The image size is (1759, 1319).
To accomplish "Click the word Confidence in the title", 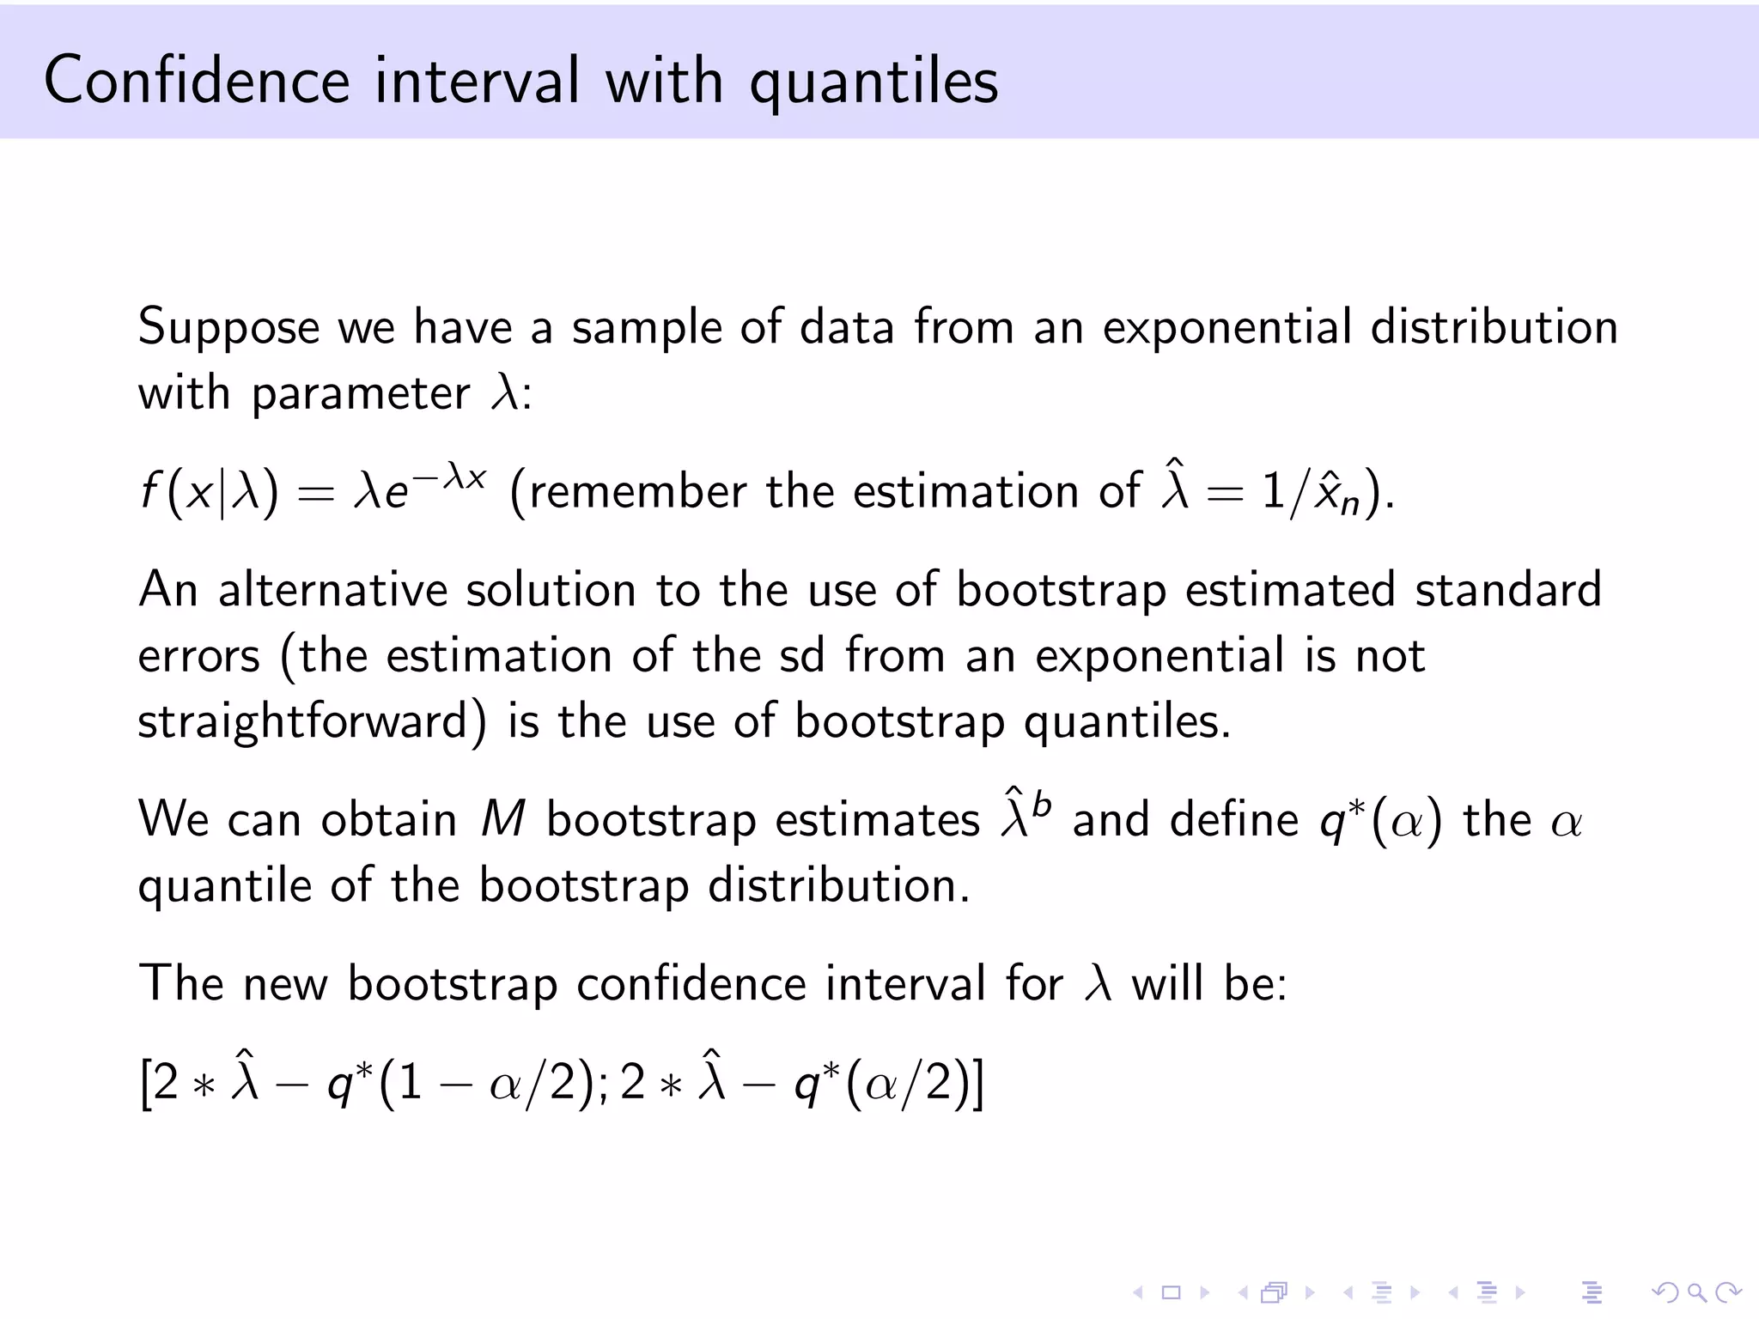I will click(x=197, y=80).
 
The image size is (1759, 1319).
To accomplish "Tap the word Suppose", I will click(x=229, y=329).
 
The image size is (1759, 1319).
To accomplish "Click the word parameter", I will click(x=361, y=395).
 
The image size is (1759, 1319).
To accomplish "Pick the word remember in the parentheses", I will click(x=637, y=492).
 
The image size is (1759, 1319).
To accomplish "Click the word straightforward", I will click(x=312, y=722).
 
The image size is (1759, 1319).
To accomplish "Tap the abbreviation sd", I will click(x=801, y=656).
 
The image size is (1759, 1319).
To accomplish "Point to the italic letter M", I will click(x=502, y=819).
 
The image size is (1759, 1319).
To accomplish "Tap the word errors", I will click(x=198, y=657).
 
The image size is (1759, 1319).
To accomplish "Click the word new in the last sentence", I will click(x=285, y=983).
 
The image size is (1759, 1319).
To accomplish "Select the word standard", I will click(x=1508, y=590).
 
